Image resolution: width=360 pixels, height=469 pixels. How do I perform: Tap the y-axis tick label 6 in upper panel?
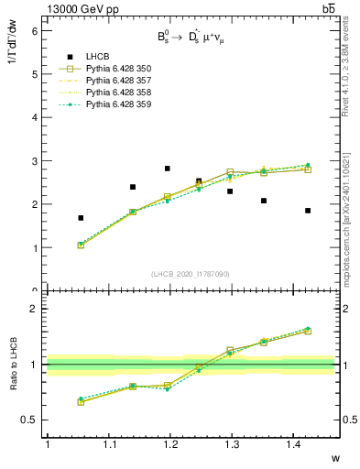click(x=36, y=31)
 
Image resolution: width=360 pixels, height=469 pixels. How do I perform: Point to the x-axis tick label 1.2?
click(x=169, y=445)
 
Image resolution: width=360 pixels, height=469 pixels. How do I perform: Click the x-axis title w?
click(x=334, y=458)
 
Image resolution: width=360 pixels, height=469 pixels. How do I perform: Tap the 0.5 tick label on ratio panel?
click(x=31, y=420)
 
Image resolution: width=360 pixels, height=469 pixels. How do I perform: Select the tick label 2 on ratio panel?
click(x=36, y=310)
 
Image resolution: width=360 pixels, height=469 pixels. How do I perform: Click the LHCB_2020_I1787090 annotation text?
click(x=190, y=274)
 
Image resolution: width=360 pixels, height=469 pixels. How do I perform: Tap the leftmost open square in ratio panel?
click(x=81, y=401)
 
